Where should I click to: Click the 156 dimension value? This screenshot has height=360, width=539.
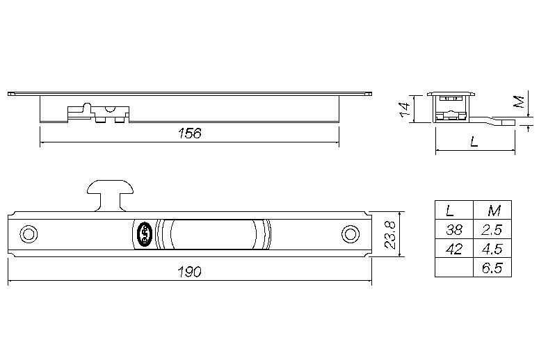pyautogui.click(x=189, y=133)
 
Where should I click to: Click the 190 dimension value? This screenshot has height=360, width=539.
pyautogui.click(x=188, y=272)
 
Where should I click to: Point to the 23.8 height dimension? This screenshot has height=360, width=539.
pyautogui.click(x=391, y=234)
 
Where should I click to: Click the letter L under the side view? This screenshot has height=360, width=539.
pyautogui.click(x=474, y=142)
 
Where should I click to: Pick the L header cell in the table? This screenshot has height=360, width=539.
pyautogui.click(x=453, y=210)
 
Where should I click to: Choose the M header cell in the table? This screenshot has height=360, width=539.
pyautogui.click(x=493, y=210)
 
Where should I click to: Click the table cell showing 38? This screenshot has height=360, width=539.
pyautogui.click(x=453, y=229)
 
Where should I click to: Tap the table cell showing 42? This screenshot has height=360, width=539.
pyautogui.click(x=453, y=248)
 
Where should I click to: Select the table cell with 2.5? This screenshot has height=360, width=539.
pyautogui.click(x=493, y=229)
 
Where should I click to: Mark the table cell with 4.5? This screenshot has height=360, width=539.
pyautogui.click(x=493, y=248)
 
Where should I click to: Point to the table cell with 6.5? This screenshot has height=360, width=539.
pyautogui.click(x=493, y=268)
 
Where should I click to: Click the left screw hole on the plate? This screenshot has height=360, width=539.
pyautogui.click(x=28, y=234)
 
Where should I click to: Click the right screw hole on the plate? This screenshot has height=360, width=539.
pyautogui.click(x=348, y=234)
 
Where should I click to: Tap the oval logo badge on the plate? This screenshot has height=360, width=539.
pyautogui.click(x=143, y=234)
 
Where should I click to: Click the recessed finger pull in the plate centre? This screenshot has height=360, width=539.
pyautogui.click(x=214, y=234)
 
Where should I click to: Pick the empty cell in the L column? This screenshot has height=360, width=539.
pyautogui.click(x=453, y=268)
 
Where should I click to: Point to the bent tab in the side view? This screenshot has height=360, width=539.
pyautogui.click(x=498, y=120)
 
